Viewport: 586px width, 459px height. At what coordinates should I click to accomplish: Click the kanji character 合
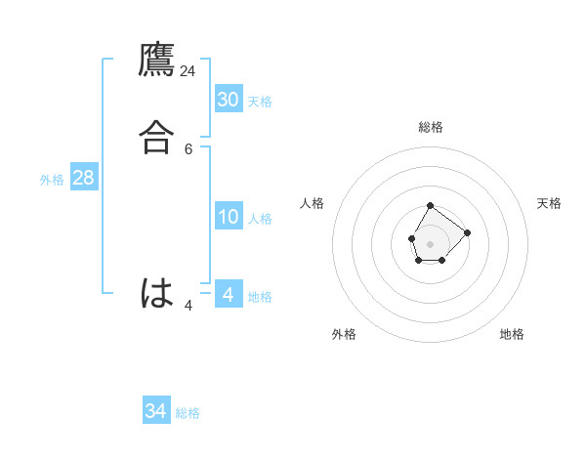(157, 137)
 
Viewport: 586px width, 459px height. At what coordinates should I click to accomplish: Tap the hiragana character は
(157, 293)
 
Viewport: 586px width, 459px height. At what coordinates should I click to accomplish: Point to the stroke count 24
(188, 70)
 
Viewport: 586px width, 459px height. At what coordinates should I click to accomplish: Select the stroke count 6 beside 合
(188, 148)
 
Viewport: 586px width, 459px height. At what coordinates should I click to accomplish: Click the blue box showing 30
(229, 99)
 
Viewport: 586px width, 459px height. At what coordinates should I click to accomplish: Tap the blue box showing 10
(229, 216)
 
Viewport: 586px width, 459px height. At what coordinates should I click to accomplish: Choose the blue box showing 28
(83, 178)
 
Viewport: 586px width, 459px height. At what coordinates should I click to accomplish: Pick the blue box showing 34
(156, 411)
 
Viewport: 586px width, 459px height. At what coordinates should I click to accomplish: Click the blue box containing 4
(229, 294)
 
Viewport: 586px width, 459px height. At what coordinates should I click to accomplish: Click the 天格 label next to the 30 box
(260, 102)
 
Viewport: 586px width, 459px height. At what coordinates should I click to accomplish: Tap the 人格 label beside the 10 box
(260, 219)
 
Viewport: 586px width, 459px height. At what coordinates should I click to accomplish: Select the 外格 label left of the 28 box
(52, 180)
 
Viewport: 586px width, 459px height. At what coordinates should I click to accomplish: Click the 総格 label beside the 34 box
(188, 414)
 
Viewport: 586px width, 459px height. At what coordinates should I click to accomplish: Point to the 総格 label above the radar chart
(430, 127)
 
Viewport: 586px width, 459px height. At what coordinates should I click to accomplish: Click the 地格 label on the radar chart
(512, 334)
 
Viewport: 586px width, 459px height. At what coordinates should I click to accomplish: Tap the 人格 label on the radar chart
(312, 203)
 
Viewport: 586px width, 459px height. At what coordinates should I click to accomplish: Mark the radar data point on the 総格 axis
(430, 206)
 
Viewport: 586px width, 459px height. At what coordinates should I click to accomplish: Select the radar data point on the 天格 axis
(467, 232)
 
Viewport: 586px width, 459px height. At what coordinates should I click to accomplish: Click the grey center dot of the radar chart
(430, 243)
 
